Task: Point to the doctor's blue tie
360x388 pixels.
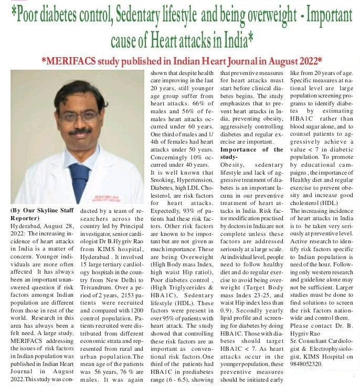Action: point(79,181)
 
